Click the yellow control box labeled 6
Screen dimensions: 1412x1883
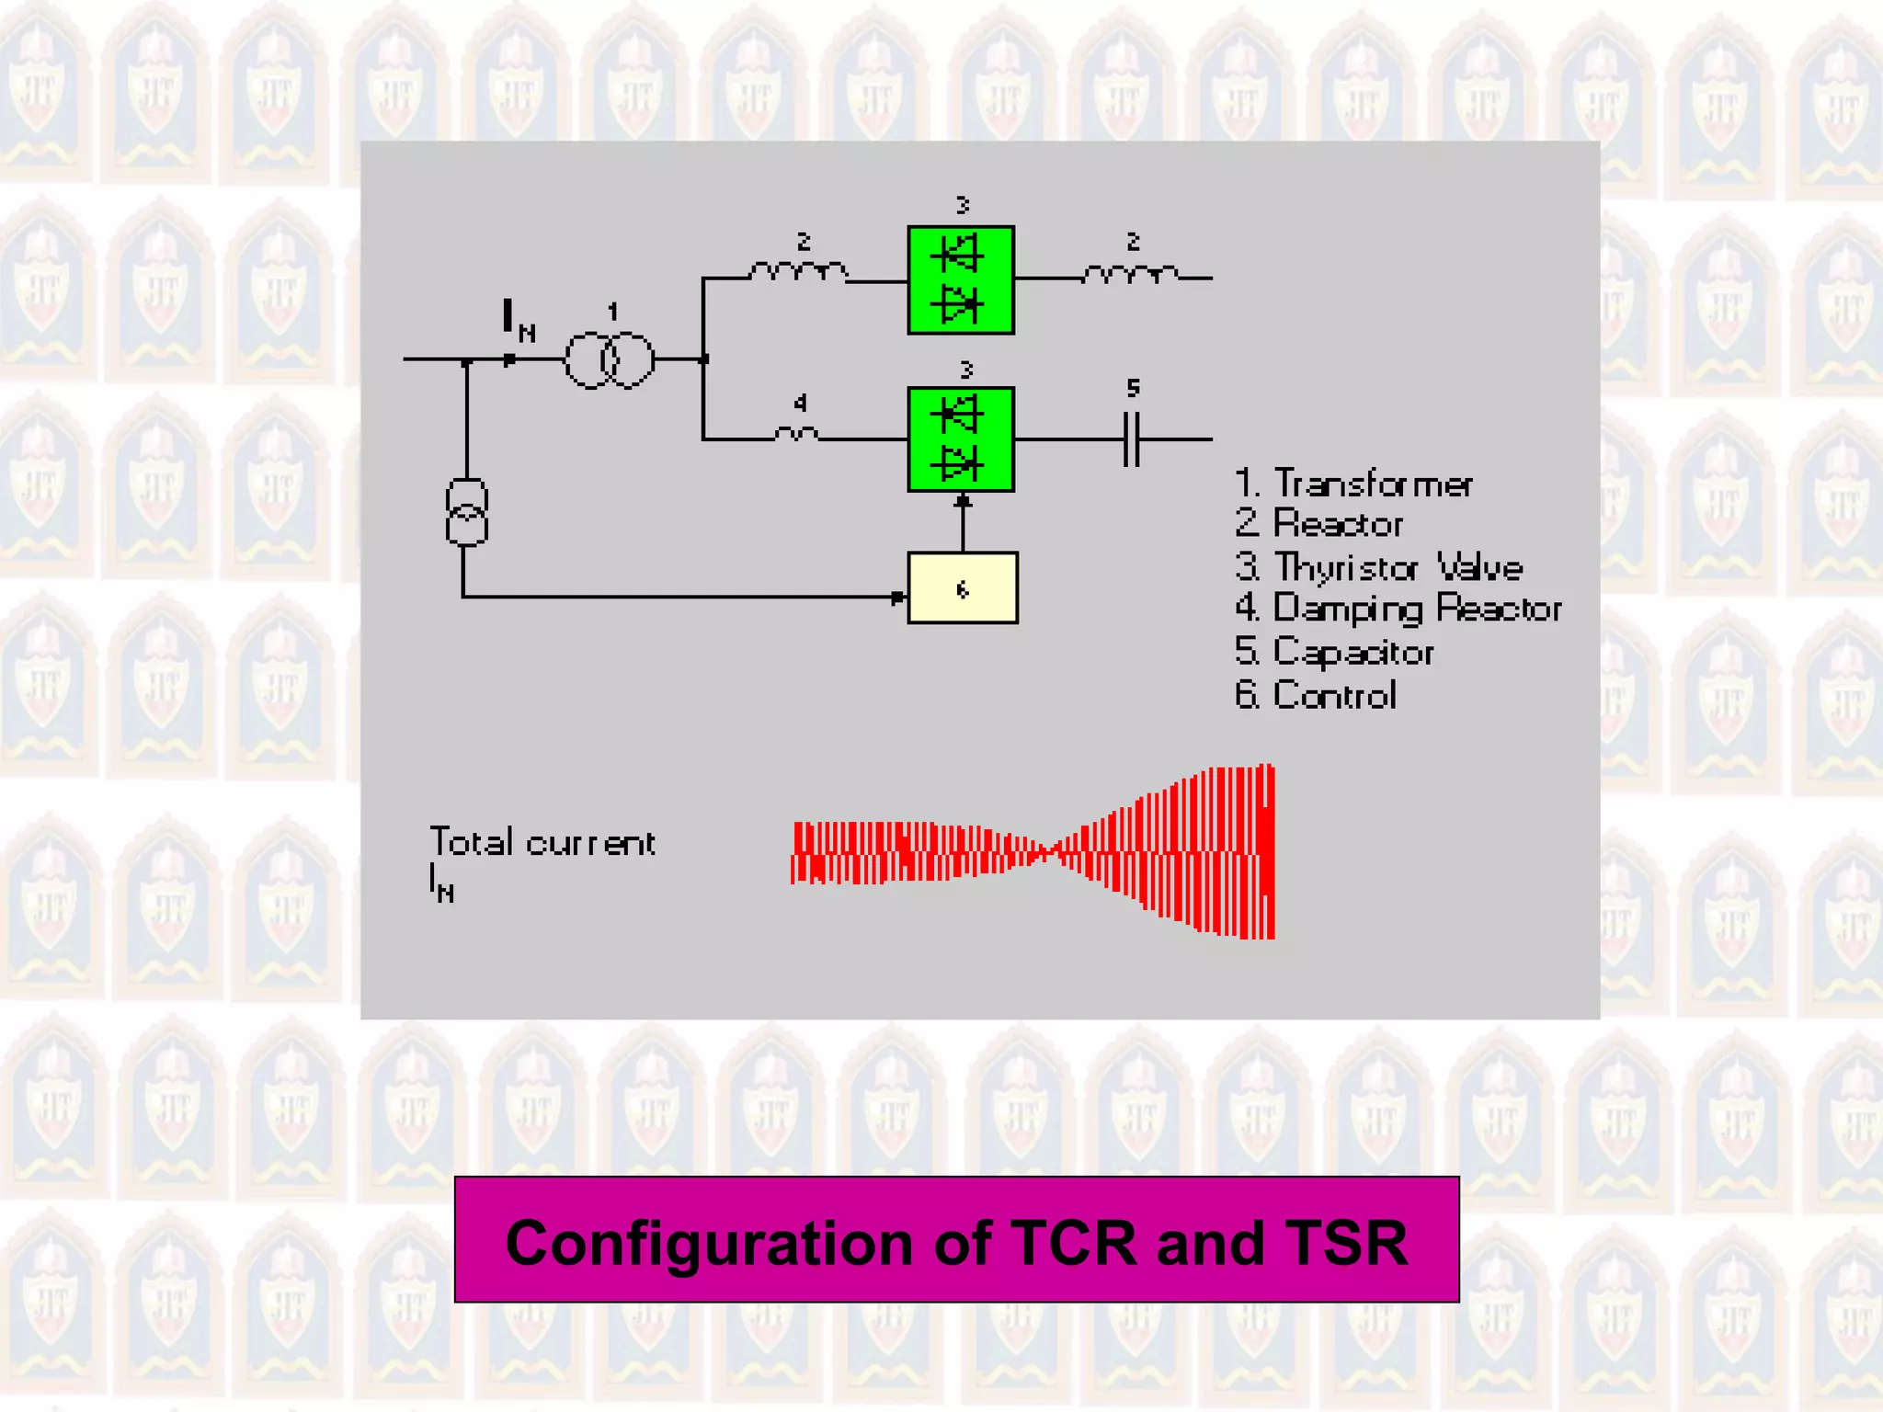(x=962, y=588)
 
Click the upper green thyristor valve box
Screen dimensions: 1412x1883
(x=960, y=279)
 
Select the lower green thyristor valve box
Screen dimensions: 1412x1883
(x=960, y=439)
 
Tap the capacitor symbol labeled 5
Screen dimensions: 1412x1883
(x=1132, y=439)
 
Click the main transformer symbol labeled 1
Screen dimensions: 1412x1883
(x=609, y=359)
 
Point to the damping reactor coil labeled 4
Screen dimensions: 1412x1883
(x=796, y=434)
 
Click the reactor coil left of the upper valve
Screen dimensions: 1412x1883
(x=798, y=272)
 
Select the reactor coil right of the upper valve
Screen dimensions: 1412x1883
(x=1130, y=273)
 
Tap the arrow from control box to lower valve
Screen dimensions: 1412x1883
(x=963, y=522)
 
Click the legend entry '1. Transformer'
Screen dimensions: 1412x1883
(x=1352, y=484)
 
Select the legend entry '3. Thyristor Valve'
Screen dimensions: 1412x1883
(x=1378, y=567)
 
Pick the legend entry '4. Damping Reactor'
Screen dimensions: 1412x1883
(x=1398, y=609)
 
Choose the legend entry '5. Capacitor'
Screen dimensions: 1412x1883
(x=1334, y=652)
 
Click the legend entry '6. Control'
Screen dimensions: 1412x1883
(x=1316, y=695)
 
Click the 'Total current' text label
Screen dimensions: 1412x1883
(x=542, y=843)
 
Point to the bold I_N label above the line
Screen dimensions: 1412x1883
(x=517, y=320)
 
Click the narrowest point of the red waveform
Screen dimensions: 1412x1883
(x=1044, y=852)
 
